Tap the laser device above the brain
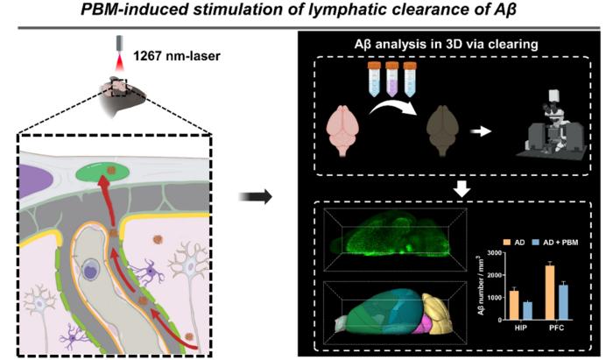pyautogui.click(x=118, y=44)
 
